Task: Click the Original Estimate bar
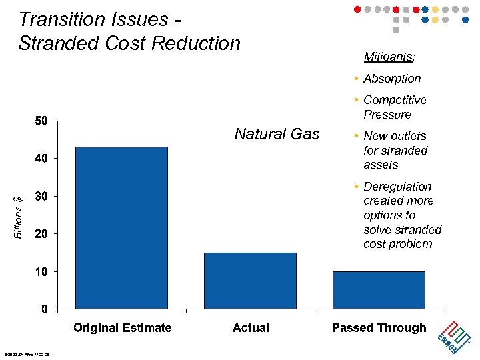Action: [121, 227]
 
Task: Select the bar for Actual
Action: [250, 281]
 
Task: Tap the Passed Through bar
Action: [379, 290]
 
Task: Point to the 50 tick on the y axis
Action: [41, 121]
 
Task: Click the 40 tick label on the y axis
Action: [41, 159]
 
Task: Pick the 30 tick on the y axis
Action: [41, 196]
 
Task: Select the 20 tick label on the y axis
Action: [41, 234]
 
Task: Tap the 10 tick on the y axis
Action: [41, 272]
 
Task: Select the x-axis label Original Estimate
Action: [122, 328]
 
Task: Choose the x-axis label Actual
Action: [251, 328]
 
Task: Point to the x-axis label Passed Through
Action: [379, 328]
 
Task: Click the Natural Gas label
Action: [277, 134]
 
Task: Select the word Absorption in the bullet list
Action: [392, 79]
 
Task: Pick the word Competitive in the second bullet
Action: [395, 100]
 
